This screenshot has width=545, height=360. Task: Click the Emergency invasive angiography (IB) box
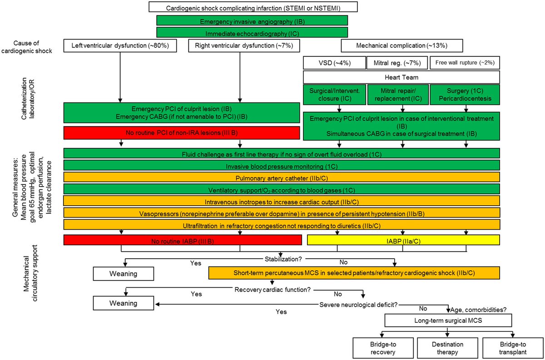[252, 21]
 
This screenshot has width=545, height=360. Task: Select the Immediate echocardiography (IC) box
[252, 33]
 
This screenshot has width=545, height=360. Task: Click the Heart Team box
[401, 77]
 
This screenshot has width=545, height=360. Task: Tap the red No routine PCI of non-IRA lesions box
[182, 133]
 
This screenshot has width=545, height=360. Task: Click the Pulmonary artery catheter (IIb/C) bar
[282, 177]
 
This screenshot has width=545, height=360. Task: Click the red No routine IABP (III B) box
[183, 240]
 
